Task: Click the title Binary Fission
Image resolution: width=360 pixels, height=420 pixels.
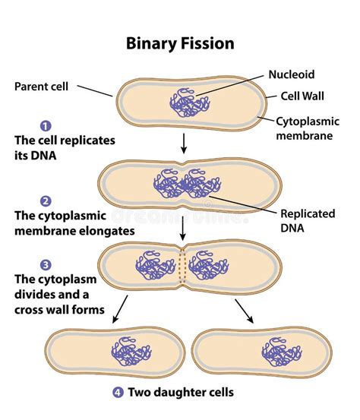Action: pos(180,43)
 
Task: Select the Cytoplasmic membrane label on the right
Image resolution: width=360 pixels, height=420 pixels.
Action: pos(306,128)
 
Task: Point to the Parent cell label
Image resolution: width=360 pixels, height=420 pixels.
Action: pos(43,85)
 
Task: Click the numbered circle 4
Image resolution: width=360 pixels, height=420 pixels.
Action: pos(117,393)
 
